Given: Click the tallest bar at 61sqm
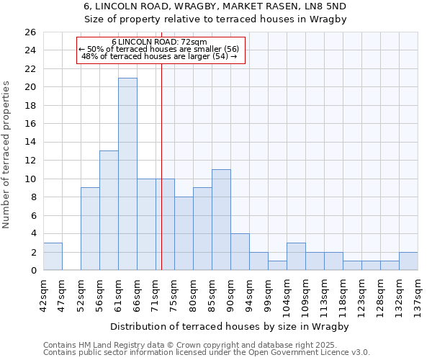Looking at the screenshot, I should (x=127, y=174).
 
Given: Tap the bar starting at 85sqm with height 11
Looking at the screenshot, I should (x=221, y=220).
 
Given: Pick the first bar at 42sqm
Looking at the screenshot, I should (x=53, y=256).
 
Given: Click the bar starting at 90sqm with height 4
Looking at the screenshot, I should (x=240, y=252).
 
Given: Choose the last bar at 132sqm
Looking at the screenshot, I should (x=408, y=261).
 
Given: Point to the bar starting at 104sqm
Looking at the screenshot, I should (x=296, y=256).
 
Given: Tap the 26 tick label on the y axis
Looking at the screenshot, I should (x=30, y=32).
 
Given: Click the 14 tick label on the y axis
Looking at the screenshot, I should (x=30, y=142).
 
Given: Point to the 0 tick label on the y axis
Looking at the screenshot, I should (x=32, y=270).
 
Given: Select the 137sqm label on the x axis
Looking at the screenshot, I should (x=418, y=294).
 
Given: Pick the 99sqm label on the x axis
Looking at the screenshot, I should (x=268, y=294).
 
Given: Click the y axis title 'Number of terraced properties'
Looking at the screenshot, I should (x=6, y=155).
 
